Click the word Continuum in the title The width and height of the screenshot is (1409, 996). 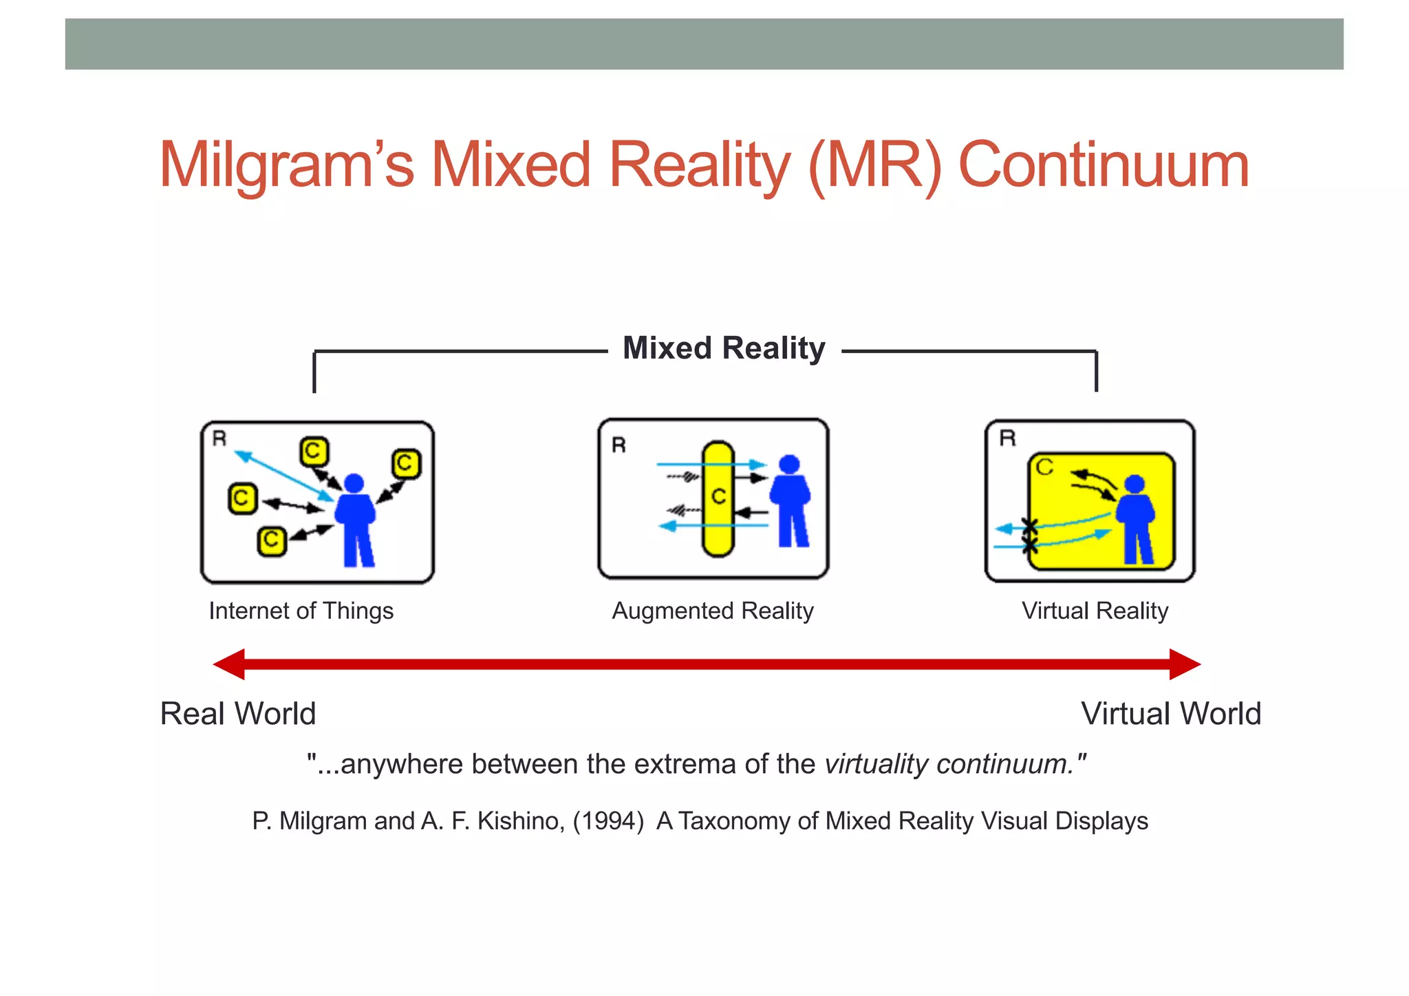pos(1103,165)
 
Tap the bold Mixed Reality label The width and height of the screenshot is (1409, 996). pos(724,348)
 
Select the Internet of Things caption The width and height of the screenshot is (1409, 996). pos(301,611)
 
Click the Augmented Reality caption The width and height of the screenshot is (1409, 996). pos(713,611)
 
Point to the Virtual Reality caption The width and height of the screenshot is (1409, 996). pos(1095,611)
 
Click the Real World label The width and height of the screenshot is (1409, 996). pos(237,714)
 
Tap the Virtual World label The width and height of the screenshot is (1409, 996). pos(1171,714)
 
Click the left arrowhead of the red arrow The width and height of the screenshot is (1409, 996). pos(229,664)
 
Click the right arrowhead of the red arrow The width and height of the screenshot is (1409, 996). pos(1185,664)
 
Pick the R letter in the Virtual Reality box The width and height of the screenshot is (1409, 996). pos(1007,438)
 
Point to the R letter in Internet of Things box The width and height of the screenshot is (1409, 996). pos(219,438)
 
